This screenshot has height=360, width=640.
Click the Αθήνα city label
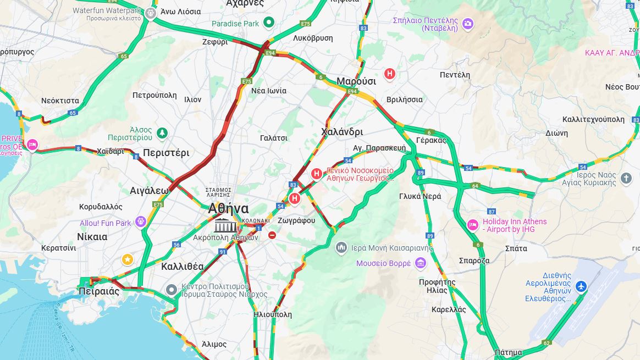pos(228,208)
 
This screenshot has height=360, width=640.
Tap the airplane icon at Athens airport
pos(581,286)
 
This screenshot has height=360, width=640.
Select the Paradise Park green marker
pos(269,23)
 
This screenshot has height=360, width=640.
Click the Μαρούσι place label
pos(356,81)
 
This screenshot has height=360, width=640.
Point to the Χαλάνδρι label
pos(341,132)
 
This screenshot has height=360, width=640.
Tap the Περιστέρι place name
pos(166,153)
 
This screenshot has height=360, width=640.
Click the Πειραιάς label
pos(98,291)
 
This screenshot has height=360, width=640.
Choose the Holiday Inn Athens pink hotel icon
pos(472,225)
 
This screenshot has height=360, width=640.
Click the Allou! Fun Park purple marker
pos(141,221)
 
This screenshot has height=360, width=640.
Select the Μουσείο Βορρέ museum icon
pos(421,263)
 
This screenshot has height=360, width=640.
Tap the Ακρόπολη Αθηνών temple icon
pos(225,225)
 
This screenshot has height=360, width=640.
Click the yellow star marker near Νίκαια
pos(128,259)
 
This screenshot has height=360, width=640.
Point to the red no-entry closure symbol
pos(272,235)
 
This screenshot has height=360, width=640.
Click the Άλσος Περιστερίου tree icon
pos(162,132)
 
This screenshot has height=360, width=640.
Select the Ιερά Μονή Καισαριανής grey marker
pos(341,248)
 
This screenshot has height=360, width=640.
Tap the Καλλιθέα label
pos(183,267)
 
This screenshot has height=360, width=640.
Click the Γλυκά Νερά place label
pos(420,196)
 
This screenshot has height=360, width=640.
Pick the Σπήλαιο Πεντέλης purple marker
pos(467,23)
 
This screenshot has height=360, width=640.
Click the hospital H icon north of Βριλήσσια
pos(390,74)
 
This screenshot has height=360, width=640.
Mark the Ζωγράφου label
pos(296,220)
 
